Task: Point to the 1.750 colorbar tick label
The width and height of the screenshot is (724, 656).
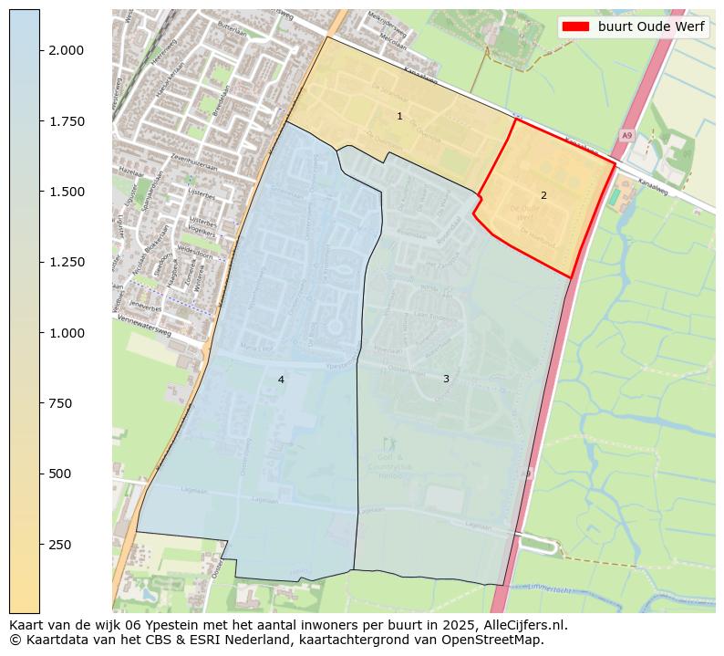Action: tap(66, 121)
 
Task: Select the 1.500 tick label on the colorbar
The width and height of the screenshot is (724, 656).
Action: tap(66, 192)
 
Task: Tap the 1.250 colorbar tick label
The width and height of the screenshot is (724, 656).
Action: tap(66, 262)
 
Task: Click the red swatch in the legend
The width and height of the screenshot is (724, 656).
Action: tap(576, 26)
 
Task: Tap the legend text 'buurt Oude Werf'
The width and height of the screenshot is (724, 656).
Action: tap(651, 26)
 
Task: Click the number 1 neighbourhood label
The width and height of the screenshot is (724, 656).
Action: tap(399, 116)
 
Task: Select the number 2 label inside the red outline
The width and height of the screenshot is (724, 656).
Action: tap(543, 195)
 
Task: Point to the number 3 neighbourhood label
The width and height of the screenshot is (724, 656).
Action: tap(446, 379)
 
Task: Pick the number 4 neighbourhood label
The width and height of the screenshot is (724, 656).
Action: tap(281, 380)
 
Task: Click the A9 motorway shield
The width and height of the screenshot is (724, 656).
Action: tap(626, 135)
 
